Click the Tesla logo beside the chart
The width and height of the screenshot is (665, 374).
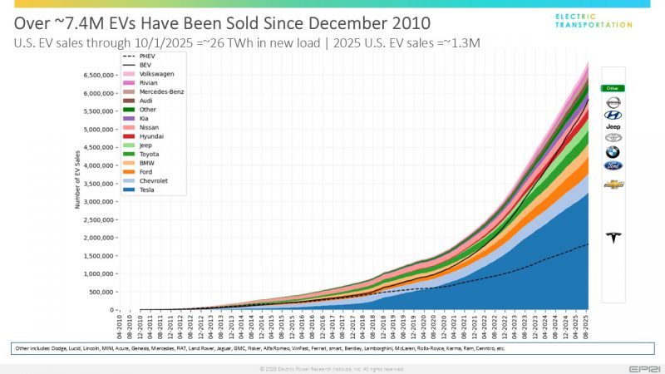coord(613,238)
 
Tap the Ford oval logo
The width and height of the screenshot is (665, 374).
coord(613,165)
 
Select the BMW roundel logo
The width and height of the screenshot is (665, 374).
coord(613,152)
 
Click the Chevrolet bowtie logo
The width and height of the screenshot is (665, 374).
coord(613,184)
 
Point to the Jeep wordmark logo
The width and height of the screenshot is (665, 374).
coord(613,127)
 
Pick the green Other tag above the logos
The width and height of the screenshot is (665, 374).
coord(613,87)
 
